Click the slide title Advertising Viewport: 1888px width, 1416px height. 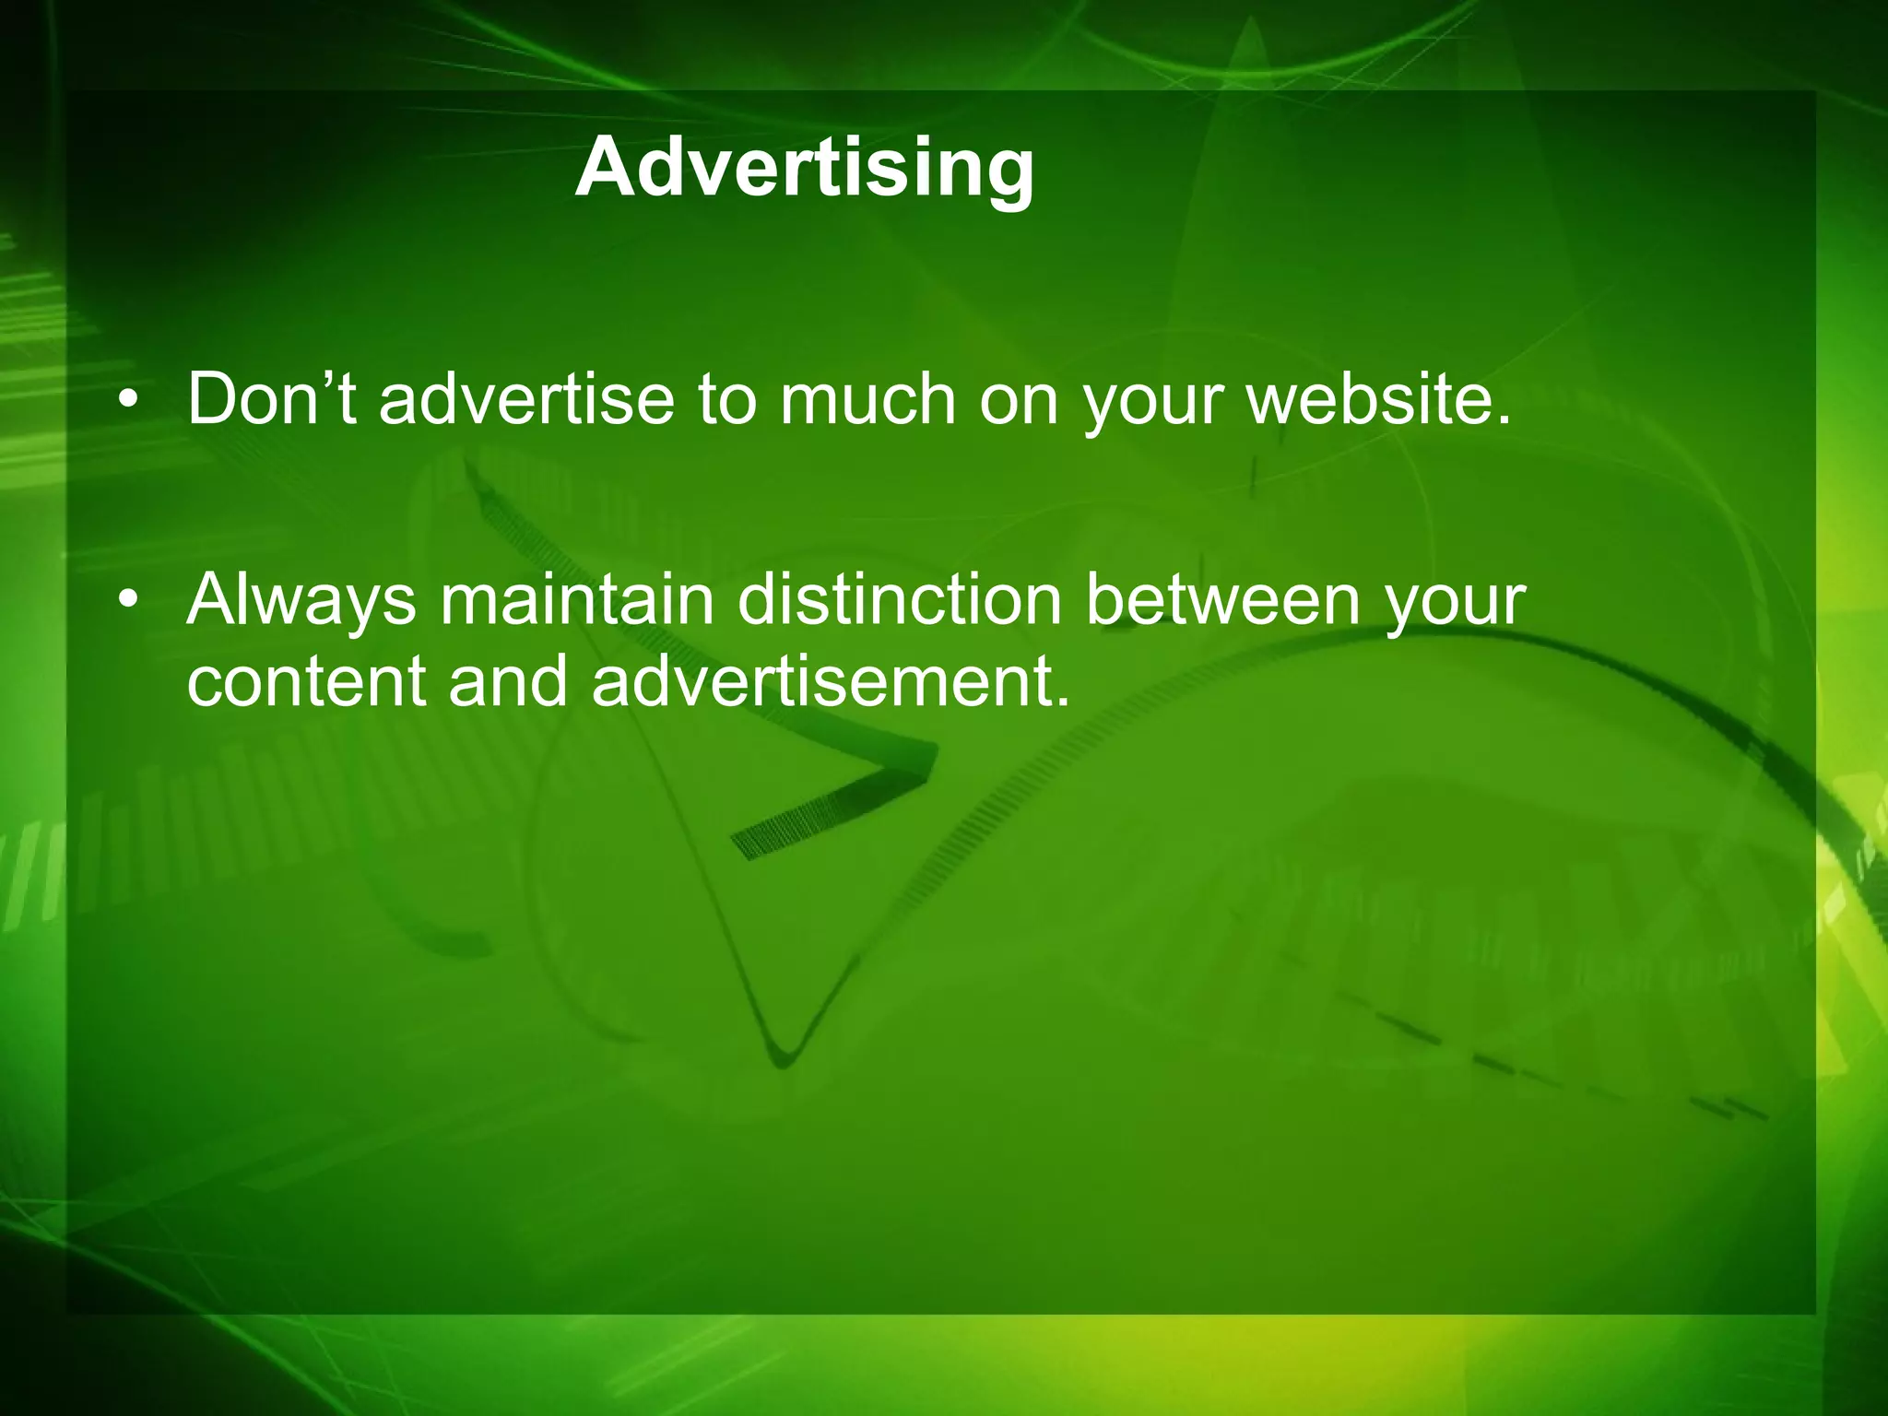(805, 168)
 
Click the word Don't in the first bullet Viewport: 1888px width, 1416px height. (271, 399)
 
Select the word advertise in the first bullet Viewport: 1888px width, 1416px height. (526, 399)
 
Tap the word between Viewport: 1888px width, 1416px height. (1223, 599)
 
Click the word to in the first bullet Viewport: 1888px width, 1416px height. (726, 401)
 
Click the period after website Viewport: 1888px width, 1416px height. (1504, 422)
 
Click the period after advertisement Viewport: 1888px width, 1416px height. (1062, 702)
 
